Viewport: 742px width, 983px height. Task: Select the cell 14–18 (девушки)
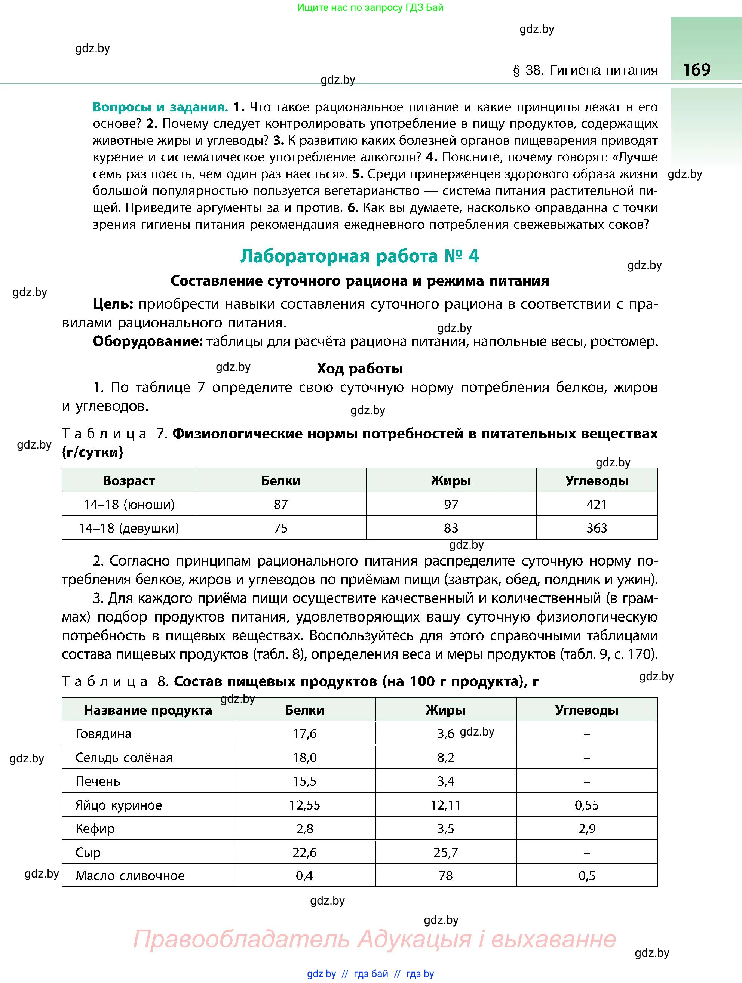[x=129, y=528]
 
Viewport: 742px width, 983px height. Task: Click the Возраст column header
[x=129, y=480]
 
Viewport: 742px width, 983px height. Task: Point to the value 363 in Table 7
[x=596, y=528]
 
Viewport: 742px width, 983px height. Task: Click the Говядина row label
[x=103, y=734]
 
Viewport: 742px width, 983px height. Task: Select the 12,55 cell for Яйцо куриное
[x=304, y=805]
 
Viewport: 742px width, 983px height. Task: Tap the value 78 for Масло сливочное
[x=445, y=876]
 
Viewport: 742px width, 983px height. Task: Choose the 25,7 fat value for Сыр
[x=445, y=852]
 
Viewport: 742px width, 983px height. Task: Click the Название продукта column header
[x=148, y=710]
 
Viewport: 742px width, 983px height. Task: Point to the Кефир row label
[x=95, y=829]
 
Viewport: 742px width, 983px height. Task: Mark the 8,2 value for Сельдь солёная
[x=445, y=758]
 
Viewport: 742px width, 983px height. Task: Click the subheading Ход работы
[x=360, y=369]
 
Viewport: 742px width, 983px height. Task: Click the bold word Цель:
[x=113, y=304]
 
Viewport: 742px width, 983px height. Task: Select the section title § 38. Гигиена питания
[x=585, y=70]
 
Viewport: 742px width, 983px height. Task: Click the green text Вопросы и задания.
[x=160, y=107]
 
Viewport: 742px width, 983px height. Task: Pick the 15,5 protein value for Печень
[x=304, y=781]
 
